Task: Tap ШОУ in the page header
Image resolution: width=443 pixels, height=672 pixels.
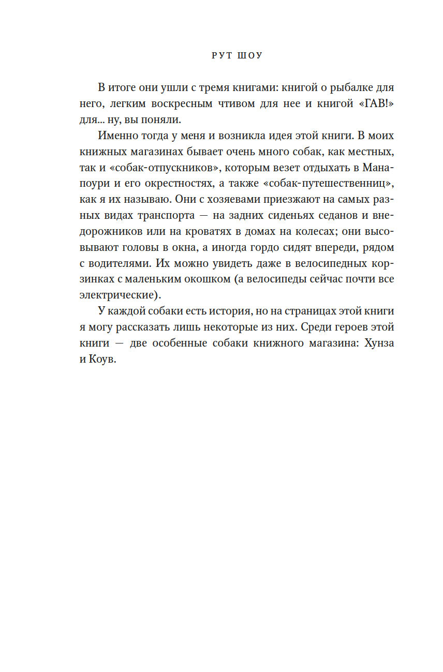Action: [x=248, y=55]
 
